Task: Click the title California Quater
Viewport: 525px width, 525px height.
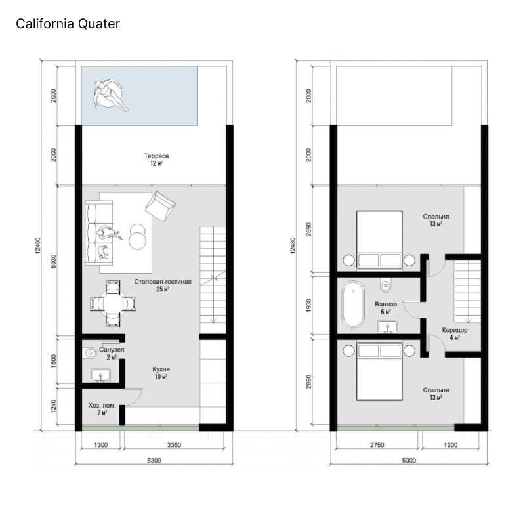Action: pos(68,24)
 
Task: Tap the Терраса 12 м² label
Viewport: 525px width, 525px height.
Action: pos(156,159)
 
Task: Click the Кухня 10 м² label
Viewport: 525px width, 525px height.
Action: pos(161,373)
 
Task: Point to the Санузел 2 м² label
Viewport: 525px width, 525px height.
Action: pos(112,353)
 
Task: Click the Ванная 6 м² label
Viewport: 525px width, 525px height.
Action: pos(386,308)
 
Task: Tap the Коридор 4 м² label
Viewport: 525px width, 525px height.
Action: pos(455,333)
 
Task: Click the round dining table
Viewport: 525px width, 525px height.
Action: pos(113,304)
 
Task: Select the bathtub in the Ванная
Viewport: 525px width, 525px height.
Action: pos(353,304)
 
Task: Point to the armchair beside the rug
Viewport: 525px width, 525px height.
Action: pos(160,205)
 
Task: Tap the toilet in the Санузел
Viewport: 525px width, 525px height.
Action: pos(89,353)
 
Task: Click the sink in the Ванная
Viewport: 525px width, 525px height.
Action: pos(388,326)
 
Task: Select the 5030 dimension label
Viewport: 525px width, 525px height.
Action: pos(54,261)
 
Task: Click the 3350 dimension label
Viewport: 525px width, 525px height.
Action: pos(174,445)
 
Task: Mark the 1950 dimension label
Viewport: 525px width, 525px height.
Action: pos(308,305)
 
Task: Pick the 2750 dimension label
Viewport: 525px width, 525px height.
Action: pos(377,445)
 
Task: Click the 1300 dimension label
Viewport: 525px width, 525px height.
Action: pos(101,445)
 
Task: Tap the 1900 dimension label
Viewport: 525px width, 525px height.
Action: pos(450,445)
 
